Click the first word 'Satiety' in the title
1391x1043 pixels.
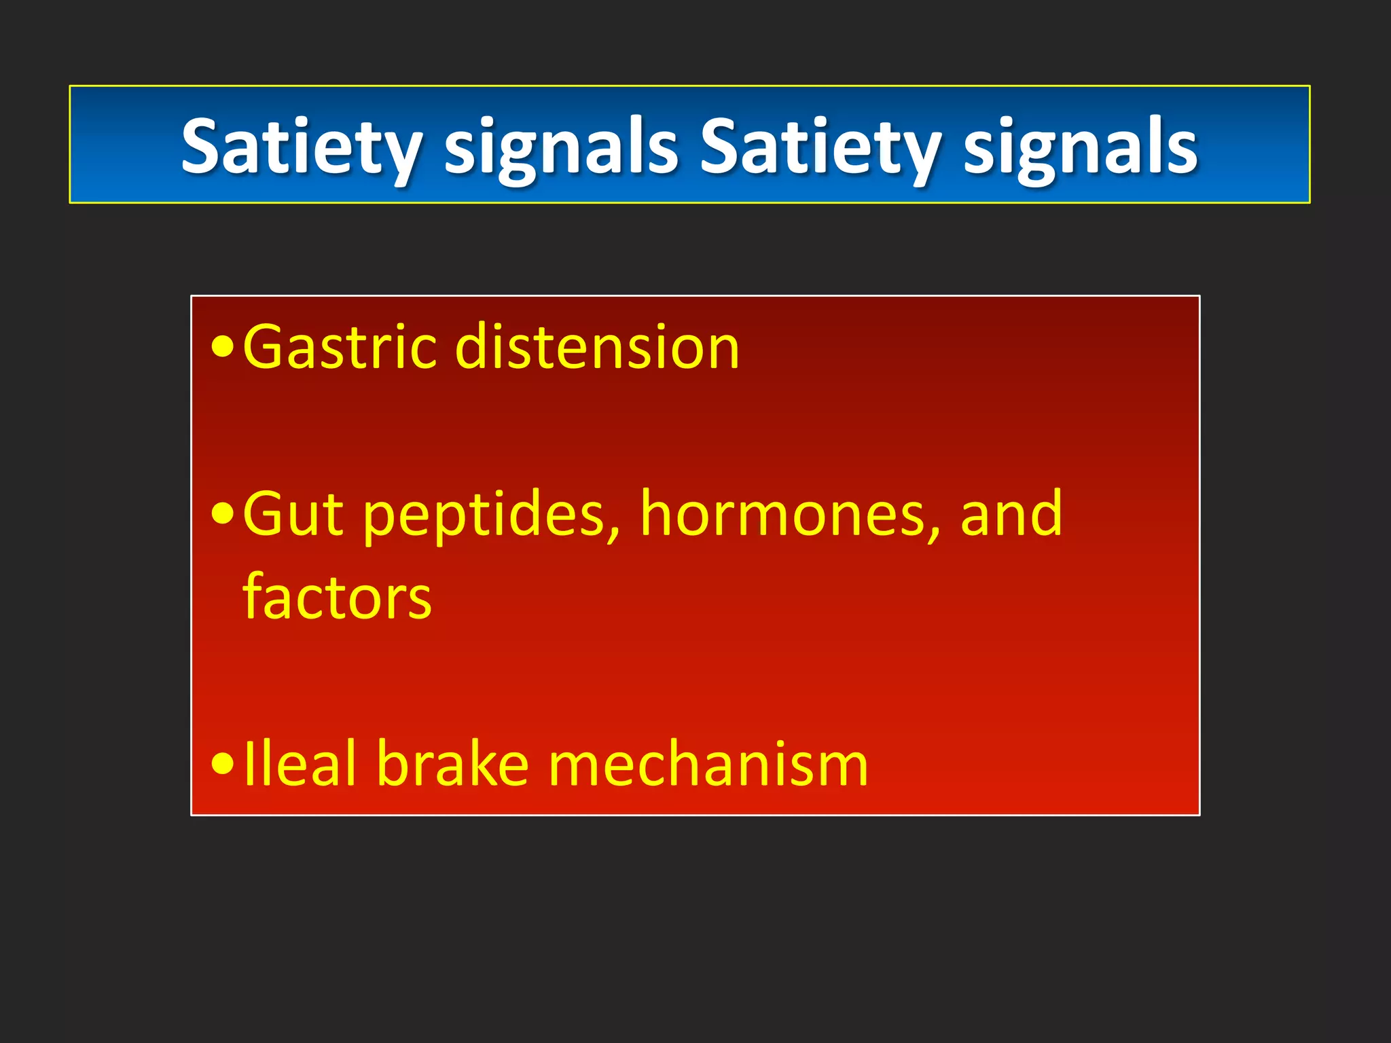point(302,147)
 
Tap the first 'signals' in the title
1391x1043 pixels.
point(561,149)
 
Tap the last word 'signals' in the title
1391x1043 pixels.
point(1080,149)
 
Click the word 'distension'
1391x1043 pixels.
point(597,347)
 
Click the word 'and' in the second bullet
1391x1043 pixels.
point(1011,514)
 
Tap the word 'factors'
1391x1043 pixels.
point(337,598)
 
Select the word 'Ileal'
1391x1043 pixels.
point(300,765)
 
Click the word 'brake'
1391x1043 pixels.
point(452,765)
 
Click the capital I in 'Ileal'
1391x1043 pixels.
point(249,765)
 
